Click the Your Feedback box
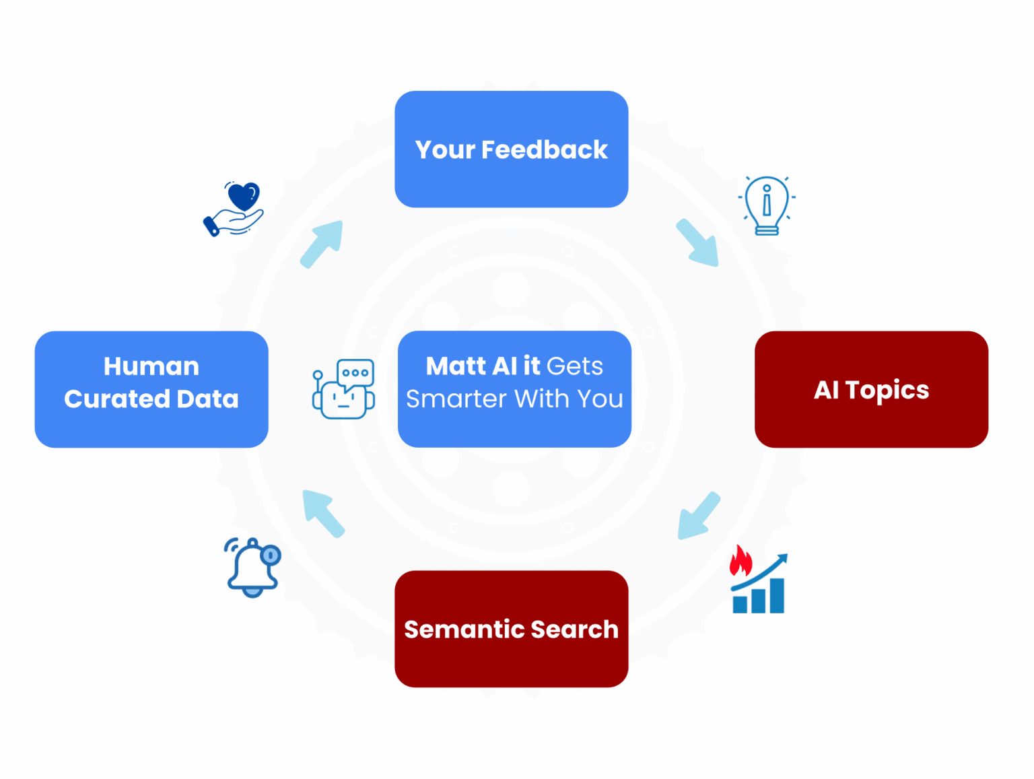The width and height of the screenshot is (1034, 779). (511, 149)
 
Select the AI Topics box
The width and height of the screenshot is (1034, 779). (871, 389)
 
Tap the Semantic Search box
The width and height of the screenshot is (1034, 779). (511, 628)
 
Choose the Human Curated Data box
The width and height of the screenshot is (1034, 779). (151, 389)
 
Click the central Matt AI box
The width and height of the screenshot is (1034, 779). (514, 389)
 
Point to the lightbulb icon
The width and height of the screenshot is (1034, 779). (767, 205)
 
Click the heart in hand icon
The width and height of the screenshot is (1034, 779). (234, 209)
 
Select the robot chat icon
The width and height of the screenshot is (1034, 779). (344, 389)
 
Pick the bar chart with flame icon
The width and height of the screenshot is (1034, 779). (759, 581)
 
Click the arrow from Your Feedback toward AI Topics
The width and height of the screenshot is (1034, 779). (698, 243)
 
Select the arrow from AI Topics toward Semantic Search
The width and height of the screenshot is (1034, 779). (698, 516)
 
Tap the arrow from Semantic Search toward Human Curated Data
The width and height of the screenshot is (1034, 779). (323, 513)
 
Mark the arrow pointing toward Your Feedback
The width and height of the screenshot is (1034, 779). (322, 244)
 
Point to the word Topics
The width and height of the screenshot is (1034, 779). (887, 391)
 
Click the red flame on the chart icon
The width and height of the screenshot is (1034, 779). (740, 560)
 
